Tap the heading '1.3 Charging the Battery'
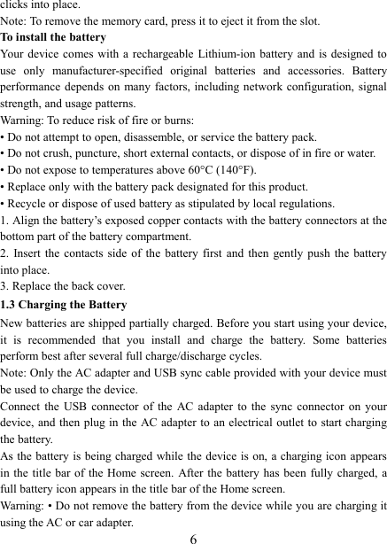tap(64, 306)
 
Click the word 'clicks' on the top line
tap(15, 4)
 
